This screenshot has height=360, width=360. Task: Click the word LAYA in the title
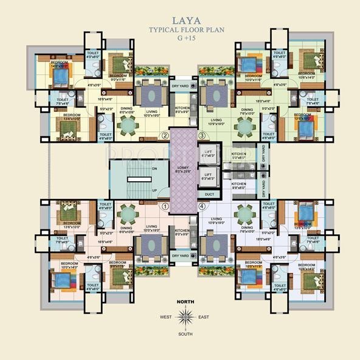[181, 18]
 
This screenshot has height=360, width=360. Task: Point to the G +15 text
[181, 38]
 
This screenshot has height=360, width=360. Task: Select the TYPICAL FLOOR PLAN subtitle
[181, 29]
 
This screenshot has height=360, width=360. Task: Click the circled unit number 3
[202, 135]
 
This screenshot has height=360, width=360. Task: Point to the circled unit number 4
[202, 206]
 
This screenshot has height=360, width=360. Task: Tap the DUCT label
[210, 195]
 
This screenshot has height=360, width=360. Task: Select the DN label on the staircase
[138, 168]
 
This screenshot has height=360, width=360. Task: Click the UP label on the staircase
[138, 190]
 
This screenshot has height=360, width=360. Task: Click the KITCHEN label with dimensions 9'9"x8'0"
[238, 185]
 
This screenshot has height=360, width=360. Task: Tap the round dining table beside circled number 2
[128, 125]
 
